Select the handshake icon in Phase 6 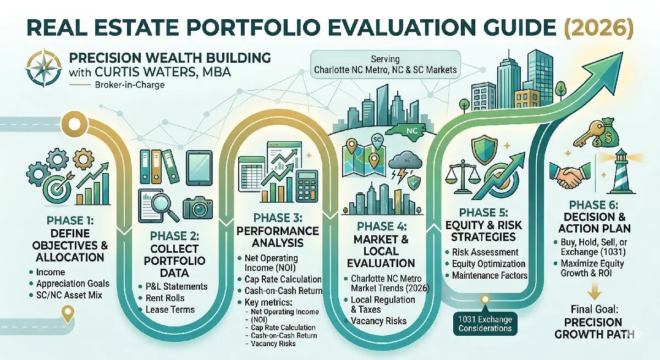(569, 176)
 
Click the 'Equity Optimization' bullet (489, 263)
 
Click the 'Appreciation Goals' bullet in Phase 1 (73, 284)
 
